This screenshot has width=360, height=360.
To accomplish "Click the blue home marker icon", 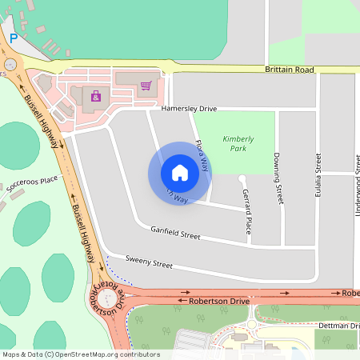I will pyautogui.click(x=179, y=172).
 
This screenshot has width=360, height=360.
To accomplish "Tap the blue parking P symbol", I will pyautogui.click(x=13, y=38).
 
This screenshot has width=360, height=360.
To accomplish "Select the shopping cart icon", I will pyautogui.click(x=146, y=86).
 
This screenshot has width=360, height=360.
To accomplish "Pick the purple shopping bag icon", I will pyautogui.click(x=96, y=96).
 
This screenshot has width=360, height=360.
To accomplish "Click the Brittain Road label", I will pyautogui.click(x=289, y=70).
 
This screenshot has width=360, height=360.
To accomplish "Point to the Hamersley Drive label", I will pyautogui.click(x=189, y=108).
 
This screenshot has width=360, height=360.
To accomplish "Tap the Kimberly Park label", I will pyautogui.click(x=238, y=143).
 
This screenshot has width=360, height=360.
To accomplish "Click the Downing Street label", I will pyautogui.click(x=278, y=178).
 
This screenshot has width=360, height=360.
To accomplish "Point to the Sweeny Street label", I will pyautogui.click(x=150, y=264).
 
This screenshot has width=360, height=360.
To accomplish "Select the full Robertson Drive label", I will pyautogui.click(x=219, y=302).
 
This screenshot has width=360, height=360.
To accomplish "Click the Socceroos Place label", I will pyautogui.click(x=32, y=186).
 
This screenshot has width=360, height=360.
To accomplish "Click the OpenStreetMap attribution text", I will pyautogui.click(x=81, y=354).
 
